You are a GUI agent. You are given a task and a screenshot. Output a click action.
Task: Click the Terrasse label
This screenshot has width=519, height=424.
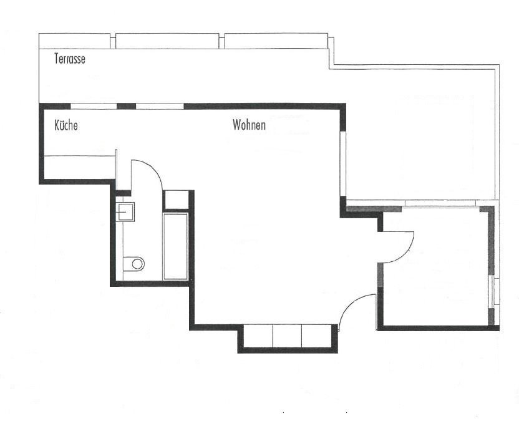(70, 59)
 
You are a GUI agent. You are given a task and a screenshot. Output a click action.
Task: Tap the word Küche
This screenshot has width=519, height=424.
(66, 125)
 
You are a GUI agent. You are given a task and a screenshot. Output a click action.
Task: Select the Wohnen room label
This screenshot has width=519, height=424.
(250, 125)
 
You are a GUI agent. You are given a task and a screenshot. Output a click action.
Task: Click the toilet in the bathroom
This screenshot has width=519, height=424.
(133, 264)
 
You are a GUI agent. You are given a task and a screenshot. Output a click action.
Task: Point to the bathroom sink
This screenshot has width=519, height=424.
(125, 211)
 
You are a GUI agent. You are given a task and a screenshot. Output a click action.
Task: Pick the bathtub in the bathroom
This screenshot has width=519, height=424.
(175, 246)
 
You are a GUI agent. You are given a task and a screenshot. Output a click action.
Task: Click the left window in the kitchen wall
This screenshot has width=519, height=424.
(94, 106)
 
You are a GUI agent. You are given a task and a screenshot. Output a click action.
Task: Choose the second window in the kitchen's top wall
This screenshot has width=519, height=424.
(160, 106)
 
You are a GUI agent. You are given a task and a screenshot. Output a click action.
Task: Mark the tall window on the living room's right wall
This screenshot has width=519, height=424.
(343, 164)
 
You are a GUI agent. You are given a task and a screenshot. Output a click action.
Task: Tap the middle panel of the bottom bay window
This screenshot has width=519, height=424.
(287, 336)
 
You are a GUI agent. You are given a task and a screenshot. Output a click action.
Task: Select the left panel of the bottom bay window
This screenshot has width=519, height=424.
(258, 336)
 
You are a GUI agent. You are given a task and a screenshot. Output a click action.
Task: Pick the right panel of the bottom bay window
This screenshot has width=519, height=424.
(317, 336)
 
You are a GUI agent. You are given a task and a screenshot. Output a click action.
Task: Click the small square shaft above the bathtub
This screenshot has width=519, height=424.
(176, 200)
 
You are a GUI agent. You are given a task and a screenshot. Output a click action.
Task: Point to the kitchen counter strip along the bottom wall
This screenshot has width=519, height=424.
(79, 167)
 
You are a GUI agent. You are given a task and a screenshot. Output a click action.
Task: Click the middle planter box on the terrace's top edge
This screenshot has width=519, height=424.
(167, 41)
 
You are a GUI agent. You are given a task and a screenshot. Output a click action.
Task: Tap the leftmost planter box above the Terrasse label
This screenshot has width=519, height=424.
(74, 41)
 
